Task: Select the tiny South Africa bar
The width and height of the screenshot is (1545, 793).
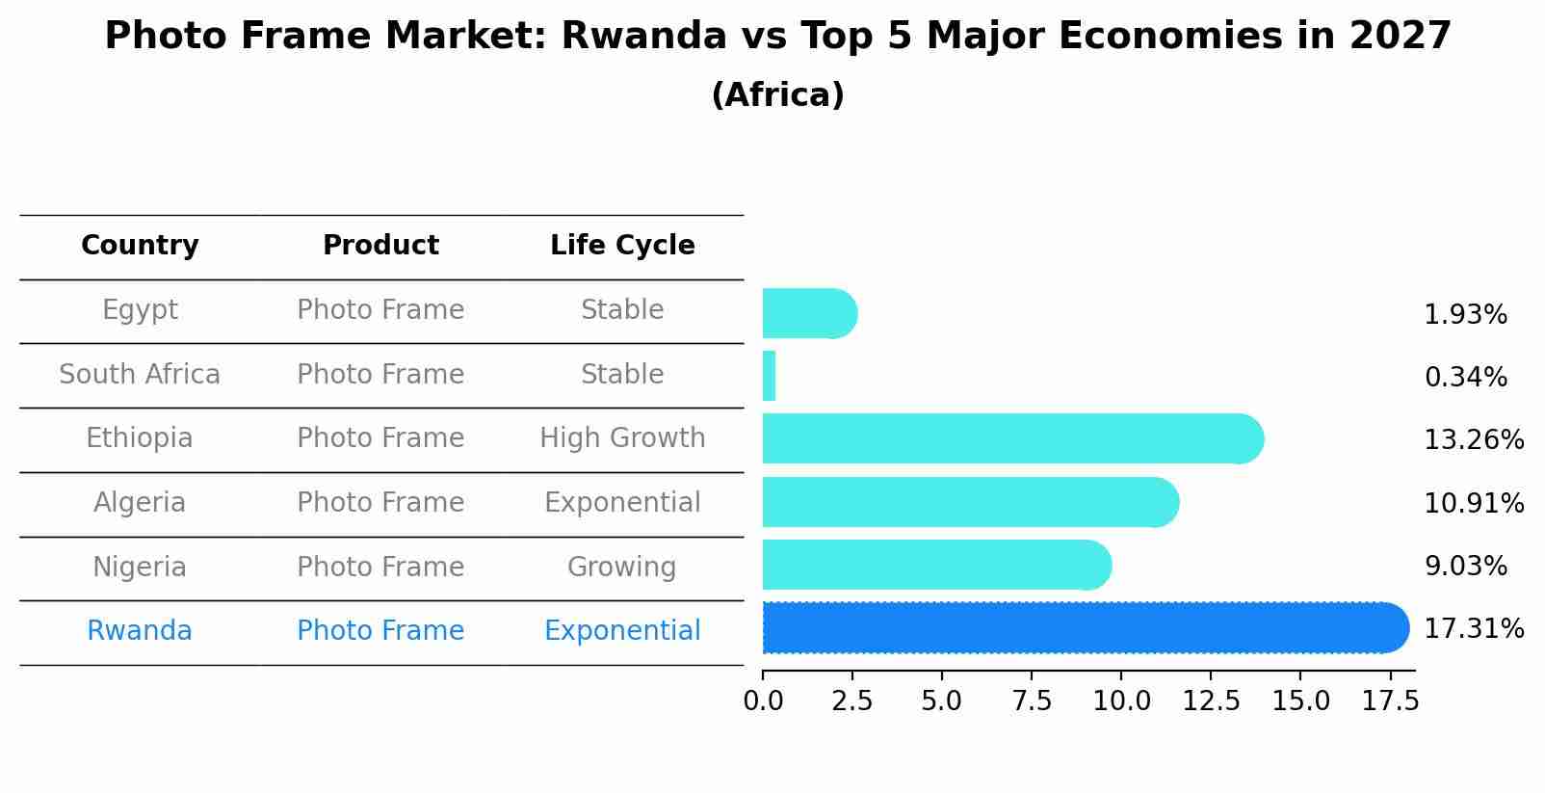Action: click(769, 376)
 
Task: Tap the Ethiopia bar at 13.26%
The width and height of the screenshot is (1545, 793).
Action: click(1011, 439)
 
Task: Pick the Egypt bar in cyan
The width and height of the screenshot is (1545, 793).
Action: click(808, 314)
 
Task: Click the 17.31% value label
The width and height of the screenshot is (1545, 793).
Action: click(1474, 629)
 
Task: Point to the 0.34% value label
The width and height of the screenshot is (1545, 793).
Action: click(1465, 378)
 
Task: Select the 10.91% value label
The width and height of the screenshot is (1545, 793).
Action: click(1474, 503)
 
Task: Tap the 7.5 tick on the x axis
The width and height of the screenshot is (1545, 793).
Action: click(1032, 701)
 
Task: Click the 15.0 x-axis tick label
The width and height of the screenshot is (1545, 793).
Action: click(1300, 701)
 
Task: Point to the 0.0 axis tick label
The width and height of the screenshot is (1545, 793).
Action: click(763, 701)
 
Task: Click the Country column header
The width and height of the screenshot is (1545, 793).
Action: click(140, 246)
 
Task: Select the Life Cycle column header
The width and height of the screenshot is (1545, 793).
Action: click(622, 246)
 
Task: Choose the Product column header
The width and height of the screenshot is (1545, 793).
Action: click(380, 246)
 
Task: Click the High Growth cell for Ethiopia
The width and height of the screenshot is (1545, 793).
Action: click(622, 438)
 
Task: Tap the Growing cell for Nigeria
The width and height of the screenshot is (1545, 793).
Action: click(621, 567)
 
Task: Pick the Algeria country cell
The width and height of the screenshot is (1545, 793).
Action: click(140, 503)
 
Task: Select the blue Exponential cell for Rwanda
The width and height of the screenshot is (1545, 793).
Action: click(622, 631)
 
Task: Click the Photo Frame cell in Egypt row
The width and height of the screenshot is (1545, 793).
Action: click(380, 310)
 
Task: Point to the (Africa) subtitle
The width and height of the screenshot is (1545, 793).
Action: click(777, 95)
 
